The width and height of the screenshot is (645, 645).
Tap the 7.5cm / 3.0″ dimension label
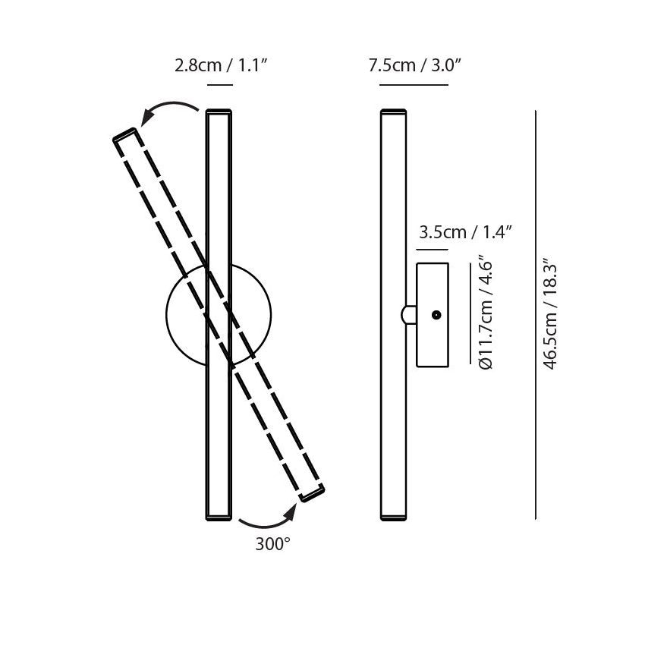[x=414, y=65]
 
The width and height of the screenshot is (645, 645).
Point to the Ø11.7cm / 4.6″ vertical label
[x=486, y=315]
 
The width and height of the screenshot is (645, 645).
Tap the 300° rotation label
[x=272, y=543]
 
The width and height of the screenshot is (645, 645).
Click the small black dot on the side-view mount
[x=436, y=315]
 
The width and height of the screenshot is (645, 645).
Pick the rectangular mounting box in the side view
[x=433, y=315]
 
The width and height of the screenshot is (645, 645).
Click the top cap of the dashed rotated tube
[x=126, y=136]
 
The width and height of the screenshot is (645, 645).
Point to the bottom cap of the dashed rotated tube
[x=312, y=493]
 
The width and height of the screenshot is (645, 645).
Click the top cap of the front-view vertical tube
[x=219, y=112]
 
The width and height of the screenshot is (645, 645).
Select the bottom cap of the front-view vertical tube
[x=219, y=518]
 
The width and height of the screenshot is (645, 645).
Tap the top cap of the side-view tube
[x=393, y=112]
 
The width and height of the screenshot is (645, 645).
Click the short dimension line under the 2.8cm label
[x=219, y=85]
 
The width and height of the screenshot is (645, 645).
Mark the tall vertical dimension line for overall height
[x=536, y=315]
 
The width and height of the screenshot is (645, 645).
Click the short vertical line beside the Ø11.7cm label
[x=470, y=315]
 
